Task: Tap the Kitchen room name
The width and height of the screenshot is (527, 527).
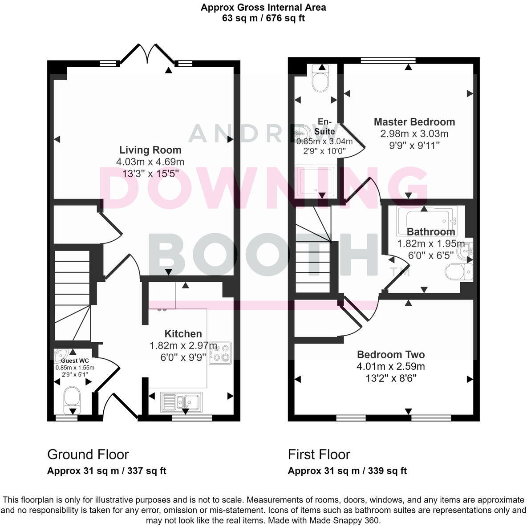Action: pyautogui.click(x=183, y=333)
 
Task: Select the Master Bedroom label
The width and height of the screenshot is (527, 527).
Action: pyautogui.click(x=414, y=122)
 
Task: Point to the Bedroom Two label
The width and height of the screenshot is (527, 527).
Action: pyautogui.click(x=391, y=354)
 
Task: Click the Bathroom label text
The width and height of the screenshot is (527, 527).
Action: pyautogui.click(x=431, y=231)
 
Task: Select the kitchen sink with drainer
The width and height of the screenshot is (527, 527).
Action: pyautogui.click(x=181, y=401)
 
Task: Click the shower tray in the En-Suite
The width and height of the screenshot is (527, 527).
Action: pyautogui.click(x=316, y=181)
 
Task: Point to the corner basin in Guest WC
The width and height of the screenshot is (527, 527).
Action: pyautogui.click(x=59, y=355)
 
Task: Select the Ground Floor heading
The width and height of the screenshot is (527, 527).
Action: pyautogui.click(x=88, y=454)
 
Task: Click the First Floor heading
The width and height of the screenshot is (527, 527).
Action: pyautogui.click(x=319, y=454)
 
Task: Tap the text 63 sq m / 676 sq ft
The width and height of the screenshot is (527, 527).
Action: pyautogui.click(x=263, y=18)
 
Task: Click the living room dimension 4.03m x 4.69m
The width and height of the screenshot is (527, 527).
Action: pyautogui.click(x=150, y=162)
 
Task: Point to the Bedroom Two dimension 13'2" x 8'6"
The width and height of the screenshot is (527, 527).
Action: pyautogui.click(x=391, y=378)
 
